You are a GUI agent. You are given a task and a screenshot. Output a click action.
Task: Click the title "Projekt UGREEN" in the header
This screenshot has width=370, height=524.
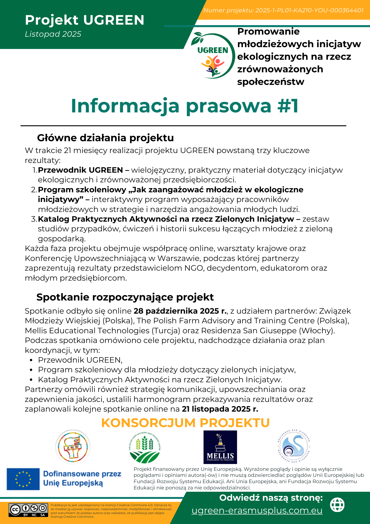click(85, 20)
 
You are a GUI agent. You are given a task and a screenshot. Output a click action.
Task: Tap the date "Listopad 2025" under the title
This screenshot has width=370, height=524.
click(53, 34)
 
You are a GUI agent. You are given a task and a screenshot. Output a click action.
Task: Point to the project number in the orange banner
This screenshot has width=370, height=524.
click(283, 10)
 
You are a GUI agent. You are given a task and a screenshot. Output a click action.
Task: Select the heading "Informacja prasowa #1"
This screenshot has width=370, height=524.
click(185, 106)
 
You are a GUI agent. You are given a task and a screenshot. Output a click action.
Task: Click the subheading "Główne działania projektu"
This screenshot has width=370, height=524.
click(105, 138)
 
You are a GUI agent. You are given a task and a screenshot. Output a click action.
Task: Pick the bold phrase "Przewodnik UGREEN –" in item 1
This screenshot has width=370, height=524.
click(83, 170)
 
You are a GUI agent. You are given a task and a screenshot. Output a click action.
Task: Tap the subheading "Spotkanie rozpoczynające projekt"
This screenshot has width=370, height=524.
click(125, 297)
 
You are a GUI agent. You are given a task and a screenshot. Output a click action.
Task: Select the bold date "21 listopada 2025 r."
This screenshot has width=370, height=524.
click(220, 409)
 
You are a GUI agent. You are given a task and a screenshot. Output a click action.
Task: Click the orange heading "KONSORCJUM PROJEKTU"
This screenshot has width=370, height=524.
click(185, 423)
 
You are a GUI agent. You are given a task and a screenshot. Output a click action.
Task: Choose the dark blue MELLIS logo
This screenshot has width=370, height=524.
click(220, 447)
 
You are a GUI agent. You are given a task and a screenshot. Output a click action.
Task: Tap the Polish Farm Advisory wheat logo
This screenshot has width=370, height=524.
click(145, 447)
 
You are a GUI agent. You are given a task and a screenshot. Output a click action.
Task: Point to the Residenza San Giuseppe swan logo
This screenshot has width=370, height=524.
click(294, 446)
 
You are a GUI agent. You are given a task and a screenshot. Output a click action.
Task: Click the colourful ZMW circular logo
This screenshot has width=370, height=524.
click(73, 447)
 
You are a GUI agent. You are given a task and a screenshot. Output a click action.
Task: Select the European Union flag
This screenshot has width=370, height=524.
click(23, 479)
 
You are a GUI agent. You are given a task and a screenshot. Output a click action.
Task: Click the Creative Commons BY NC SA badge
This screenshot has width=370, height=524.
click(29, 510)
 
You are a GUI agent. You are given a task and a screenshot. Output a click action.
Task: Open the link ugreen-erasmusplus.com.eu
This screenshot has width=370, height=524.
click(257, 510)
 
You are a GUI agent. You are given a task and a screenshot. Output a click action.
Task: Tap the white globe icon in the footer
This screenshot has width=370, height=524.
click(337, 505)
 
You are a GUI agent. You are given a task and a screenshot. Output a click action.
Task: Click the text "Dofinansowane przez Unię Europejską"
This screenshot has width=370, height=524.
click(82, 478)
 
